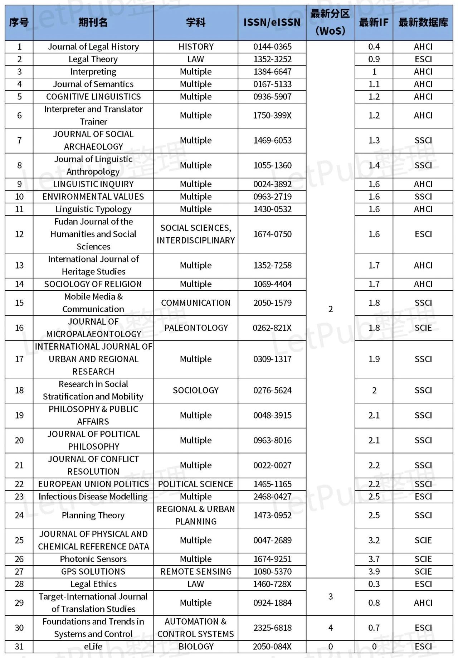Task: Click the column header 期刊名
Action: [93, 23]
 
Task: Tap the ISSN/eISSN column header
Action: [272, 23]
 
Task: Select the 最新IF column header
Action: [374, 23]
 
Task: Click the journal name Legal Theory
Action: [93, 59]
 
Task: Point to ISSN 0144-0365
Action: [272, 47]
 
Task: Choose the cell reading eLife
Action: [93, 647]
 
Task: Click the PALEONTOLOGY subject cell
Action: [196, 328]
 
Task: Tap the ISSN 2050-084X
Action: [272, 647]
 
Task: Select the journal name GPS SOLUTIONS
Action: [93, 571]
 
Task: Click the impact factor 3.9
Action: [374, 571]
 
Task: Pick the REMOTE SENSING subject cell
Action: [196, 571]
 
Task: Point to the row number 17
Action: [19, 359]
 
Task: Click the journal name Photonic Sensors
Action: [93, 559]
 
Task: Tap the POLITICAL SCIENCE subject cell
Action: [196, 484]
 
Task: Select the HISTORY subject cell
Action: [196, 47]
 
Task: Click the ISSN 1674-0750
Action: [272, 234]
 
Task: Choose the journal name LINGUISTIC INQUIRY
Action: [93, 184]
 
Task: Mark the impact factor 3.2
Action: [374, 540]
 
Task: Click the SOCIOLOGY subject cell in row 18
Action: [196, 390]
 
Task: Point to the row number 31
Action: [19, 647]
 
